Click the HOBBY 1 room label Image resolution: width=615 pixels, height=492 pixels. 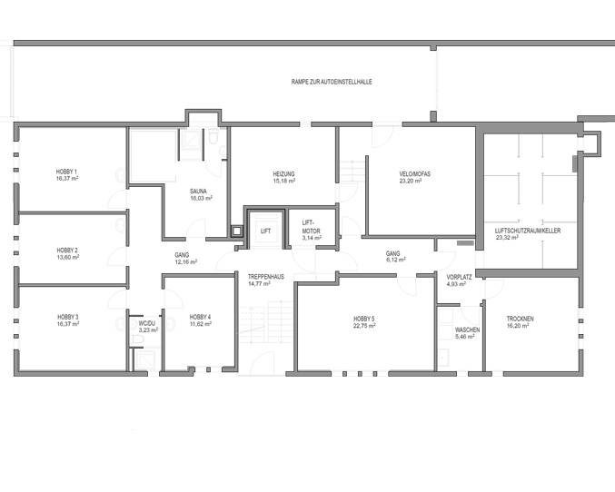click(66, 172)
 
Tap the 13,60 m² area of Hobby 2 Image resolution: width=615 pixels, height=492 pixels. click(68, 257)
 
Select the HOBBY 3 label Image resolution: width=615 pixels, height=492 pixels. click(68, 317)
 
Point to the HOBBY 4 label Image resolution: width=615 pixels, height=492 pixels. click(201, 317)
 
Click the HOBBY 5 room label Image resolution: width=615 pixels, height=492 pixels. click(364, 319)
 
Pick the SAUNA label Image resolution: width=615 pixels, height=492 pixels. click(198, 192)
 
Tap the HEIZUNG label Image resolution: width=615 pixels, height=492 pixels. click(284, 173)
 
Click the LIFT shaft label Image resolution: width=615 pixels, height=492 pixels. click(265, 231)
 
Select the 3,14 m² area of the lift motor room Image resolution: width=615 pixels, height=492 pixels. click(312, 238)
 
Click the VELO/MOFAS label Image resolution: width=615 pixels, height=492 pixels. click(415, 173)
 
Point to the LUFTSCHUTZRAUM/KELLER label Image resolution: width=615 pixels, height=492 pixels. click(528, 231)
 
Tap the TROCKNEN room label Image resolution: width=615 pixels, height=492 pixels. click(521, 319)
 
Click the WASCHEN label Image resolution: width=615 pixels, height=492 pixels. click(467, 330)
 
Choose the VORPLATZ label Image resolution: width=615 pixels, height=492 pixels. click(459, 277)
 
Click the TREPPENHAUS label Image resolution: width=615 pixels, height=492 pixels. click(266, 276)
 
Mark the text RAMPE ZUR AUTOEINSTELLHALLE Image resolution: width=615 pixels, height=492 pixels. click(332, 82)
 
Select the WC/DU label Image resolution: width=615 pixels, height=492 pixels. click(147, 323)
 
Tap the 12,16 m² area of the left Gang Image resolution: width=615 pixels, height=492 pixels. click(186, 261)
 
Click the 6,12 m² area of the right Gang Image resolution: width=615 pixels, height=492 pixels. click(395, 260)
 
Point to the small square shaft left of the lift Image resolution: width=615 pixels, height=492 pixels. click(236, 231)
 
